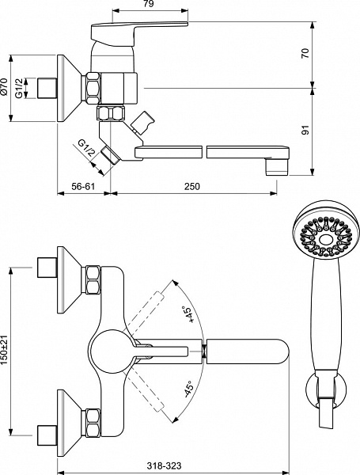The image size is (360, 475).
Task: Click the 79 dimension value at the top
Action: pyautogui.click(x=149, y=4)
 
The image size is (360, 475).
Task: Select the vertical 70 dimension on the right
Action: pyautogui.click(x=306, y=53)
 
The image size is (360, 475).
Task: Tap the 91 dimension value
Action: pyautogui.click(x=306, y=130)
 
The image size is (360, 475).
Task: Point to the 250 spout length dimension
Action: pyautogui.click(x=192, y=186)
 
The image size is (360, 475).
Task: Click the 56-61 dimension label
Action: pyautogui.click(x=83, y=186)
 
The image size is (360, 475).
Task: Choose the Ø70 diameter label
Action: pyautogui.click(x=4, y=87)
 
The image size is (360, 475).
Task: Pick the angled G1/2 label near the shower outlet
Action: pyautogui.click(x=87, y=147)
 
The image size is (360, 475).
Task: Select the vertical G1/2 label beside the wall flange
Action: pyautogui.click(x=19, y=88)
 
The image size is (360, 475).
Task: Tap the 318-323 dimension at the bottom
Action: pyautogui.click(x=165, y=465)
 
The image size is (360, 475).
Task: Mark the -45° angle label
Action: pyautogui.click(x=188, y=389)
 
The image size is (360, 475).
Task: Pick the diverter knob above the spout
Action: pyautogui.click(x=142, y=123)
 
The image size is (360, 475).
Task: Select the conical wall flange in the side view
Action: pyautogui.click(x=70, y=89)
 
